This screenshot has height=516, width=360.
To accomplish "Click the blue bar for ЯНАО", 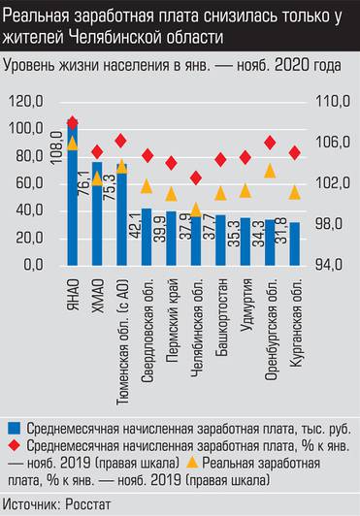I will [x=73, y=194].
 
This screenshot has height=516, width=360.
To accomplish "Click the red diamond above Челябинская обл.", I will [x=197, y=177].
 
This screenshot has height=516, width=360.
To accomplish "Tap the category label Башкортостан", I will [x=223, y=306].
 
